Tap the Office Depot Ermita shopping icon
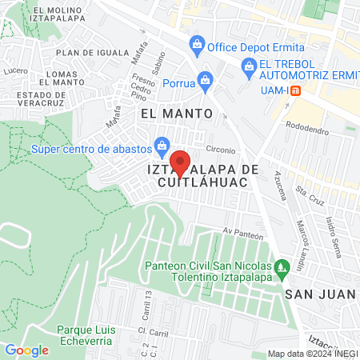tap(195, 43)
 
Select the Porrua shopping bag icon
tap(206, 80)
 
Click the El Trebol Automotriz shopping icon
tap(248, 66)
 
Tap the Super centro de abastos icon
tap(162, 146)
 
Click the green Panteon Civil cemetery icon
tap(280, 267)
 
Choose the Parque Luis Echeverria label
tap(87, 335)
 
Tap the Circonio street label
tap(220, 150)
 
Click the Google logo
tap(26, 350)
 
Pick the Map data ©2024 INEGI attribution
tap(312, 354)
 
